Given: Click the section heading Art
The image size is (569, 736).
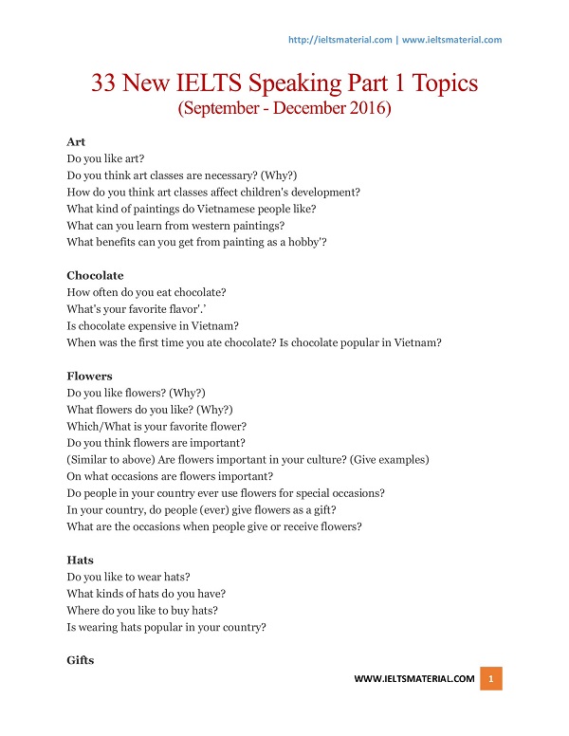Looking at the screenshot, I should click(75, 141).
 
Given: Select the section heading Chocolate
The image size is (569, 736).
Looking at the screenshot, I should click(95, 275).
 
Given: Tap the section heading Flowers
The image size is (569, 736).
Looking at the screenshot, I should click(90, 376).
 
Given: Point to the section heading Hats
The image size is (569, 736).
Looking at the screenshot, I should click(80, 561).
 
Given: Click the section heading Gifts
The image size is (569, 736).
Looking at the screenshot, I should click(81, 660).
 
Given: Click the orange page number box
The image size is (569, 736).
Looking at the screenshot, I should click(491, 679).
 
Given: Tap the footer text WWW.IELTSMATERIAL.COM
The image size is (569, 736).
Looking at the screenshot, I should click(414, 679).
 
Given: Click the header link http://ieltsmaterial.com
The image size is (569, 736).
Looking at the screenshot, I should click(339, 40).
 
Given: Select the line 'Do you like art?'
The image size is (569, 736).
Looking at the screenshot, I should click(105, 158).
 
